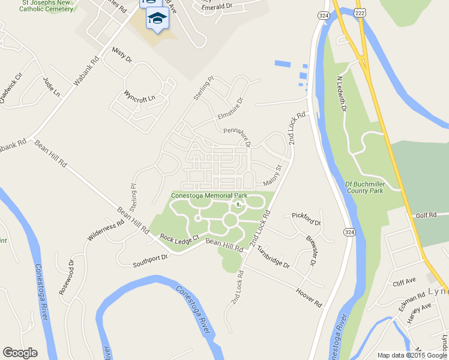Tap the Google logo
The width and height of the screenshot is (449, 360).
tap(20, 353)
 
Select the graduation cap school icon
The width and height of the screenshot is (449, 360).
tap(158, 19)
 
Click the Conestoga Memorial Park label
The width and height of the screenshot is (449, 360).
tap(209, 196)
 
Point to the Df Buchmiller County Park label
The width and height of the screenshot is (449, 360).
tap(364, 187)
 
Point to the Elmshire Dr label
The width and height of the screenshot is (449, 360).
tap(229, 109)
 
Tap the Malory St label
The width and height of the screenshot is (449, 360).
tap(272, 178)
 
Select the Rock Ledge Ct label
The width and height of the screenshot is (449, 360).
tap(179, 238)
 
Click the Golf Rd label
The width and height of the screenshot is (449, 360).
tap(424, 215)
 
